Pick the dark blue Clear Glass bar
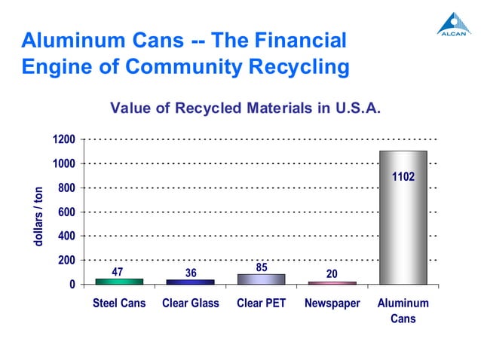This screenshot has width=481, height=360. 189,282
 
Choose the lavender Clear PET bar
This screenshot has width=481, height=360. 260,279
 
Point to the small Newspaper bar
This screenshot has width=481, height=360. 331,282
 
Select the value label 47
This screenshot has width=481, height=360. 118,271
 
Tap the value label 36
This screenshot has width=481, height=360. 189,273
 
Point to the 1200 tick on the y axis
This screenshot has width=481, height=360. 63,140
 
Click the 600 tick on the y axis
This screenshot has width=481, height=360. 66,212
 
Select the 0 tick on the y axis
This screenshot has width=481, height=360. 72,285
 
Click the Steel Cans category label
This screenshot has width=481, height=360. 118,304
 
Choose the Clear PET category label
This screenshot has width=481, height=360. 260,304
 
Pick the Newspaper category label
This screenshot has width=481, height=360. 332,304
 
